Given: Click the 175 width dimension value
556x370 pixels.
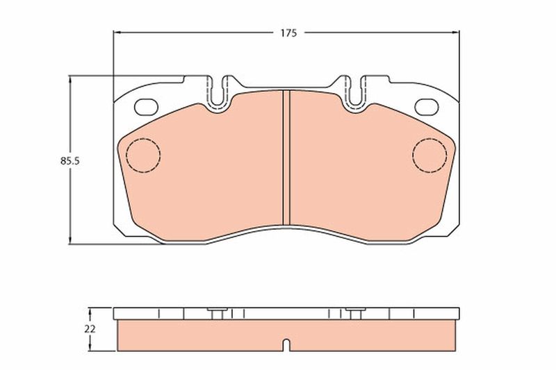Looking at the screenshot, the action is coord(288,33).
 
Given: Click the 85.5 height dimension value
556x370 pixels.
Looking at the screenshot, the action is coord(70,161).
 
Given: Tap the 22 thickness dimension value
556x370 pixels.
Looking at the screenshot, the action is coord(90,329).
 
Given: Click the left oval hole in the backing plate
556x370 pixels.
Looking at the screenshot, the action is coord(146,107).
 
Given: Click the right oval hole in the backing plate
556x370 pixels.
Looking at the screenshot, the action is coord(427,107).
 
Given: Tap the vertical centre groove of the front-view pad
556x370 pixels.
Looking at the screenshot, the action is coord(286,157).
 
